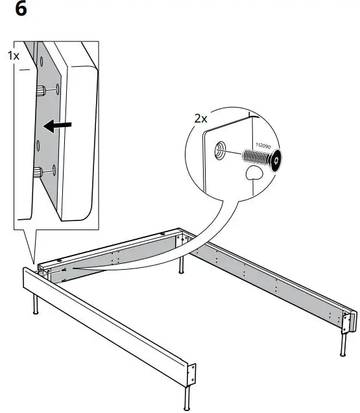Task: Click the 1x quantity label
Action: (x=13, y=56)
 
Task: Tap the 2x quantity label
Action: (x=200, y=119)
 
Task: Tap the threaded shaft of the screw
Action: (x=256, y=156)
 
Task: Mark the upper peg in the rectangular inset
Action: (x=41, y=89)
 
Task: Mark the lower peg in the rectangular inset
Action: (x=40, y=172)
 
